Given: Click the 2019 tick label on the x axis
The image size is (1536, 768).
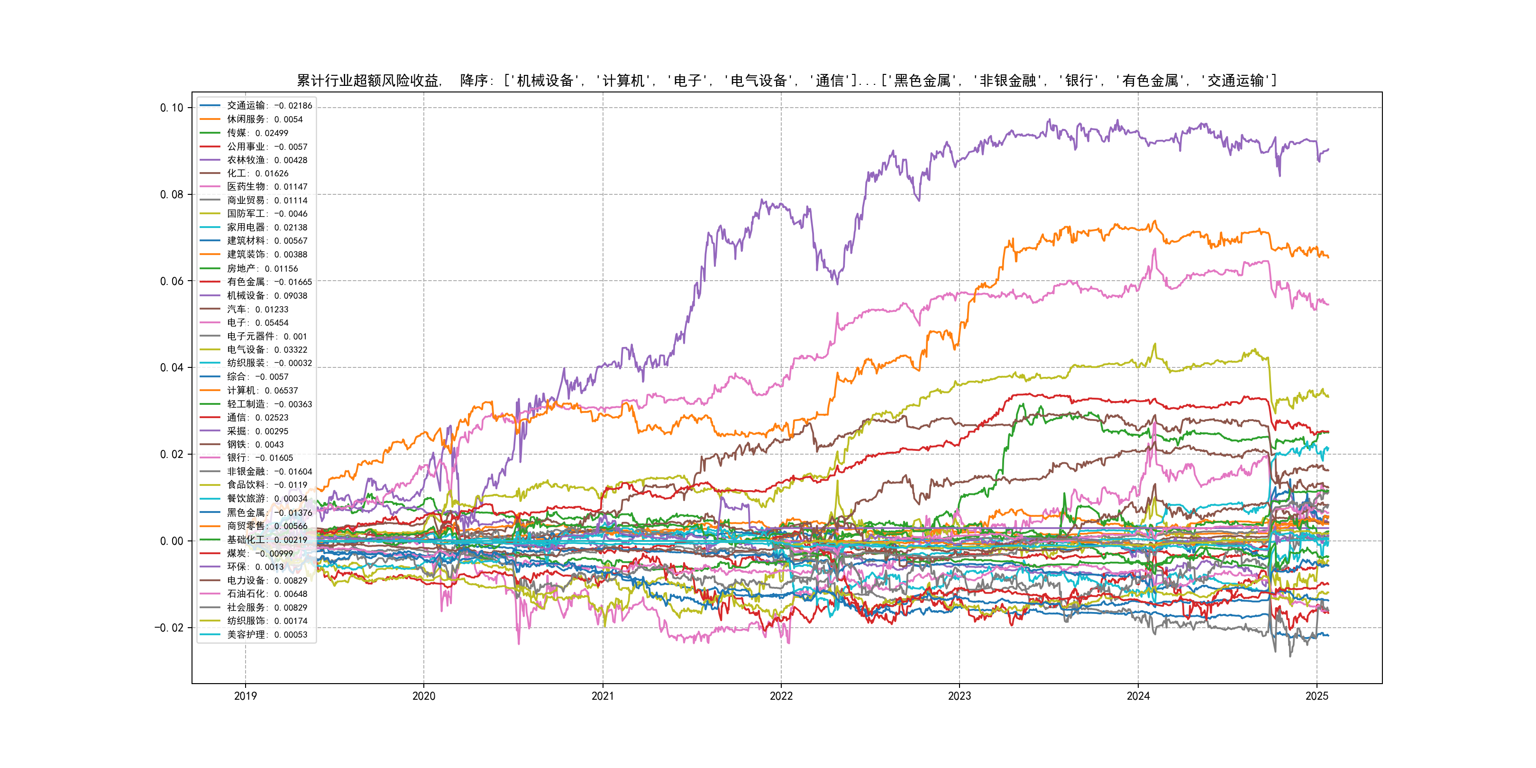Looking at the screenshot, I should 245,696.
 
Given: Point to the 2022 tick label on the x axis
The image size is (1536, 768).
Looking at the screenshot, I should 781,696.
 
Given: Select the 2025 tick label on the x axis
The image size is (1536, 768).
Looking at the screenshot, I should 1317,696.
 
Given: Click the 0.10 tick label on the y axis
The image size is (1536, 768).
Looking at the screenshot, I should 172,108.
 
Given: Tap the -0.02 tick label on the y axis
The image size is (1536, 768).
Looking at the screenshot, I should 169,628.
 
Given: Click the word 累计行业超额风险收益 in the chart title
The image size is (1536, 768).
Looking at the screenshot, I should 368,81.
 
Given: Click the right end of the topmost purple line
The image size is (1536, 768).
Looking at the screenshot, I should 1328,150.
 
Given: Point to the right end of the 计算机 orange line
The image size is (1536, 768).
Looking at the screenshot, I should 1328,257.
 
